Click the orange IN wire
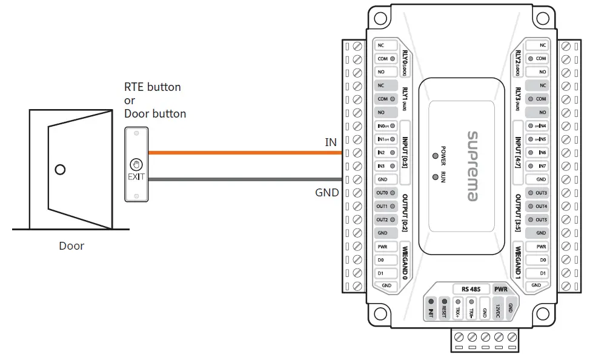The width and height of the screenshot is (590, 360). (x=242, y=153)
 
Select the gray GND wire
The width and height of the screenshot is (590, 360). (x=242, y=179)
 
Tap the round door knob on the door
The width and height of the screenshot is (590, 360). (x=59, y=170)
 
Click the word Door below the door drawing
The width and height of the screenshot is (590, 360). (x=71, y=246)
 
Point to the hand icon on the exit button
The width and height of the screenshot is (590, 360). (x=137, y=164)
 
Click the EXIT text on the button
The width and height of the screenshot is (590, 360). (x=137, y=178)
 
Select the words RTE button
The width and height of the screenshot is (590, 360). (x=152, y=87)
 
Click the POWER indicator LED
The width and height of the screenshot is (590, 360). (x=435, y=156)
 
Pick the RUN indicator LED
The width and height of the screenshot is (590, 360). (x=435, y=176)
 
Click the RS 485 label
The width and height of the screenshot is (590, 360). (x=471, y=289)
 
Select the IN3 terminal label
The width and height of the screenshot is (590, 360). (x=381, y=166)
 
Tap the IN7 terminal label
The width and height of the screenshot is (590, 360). (x=541, y=166)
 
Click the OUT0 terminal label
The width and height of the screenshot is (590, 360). (x=382, y=193)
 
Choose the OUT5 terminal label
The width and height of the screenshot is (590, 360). (x=541, y=220)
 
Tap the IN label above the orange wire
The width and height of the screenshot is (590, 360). (x=331, y=142)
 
